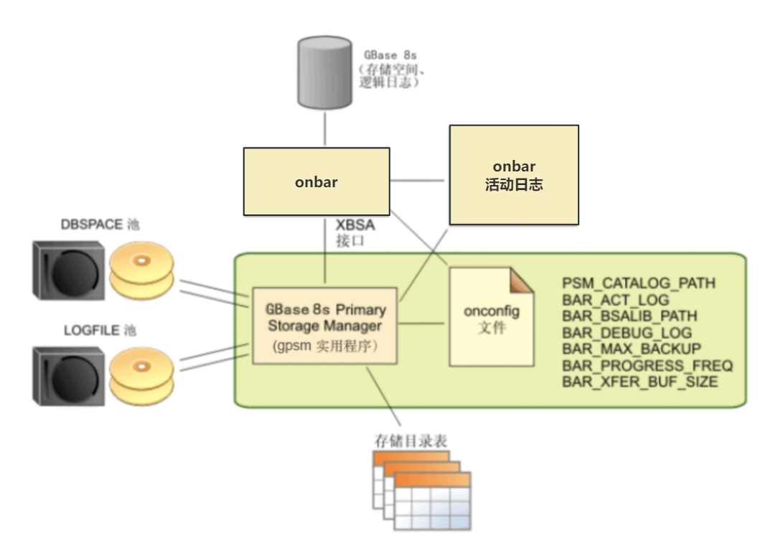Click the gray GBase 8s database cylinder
tap(325, 73)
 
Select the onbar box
tap(317, 181)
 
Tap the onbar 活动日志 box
tap(514, 176)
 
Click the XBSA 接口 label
tap(355, 233)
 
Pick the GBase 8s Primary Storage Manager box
tap(325, 326)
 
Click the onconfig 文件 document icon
tap(492, 317)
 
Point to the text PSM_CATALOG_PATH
tap(639, 283)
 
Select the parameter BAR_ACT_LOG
tap(616, 300)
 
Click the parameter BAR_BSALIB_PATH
tap(629, 316)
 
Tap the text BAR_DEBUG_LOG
tap(627, 333)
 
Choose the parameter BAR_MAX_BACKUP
tap(632, 349)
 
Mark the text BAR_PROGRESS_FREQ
tap(647, 366)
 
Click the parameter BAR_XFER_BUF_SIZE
tap(639, 382)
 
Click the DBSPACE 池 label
tap(100, 225)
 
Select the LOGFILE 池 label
tap(100, 331)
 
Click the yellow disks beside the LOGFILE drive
tap(141, 376)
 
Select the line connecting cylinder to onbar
tap(325, 128)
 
